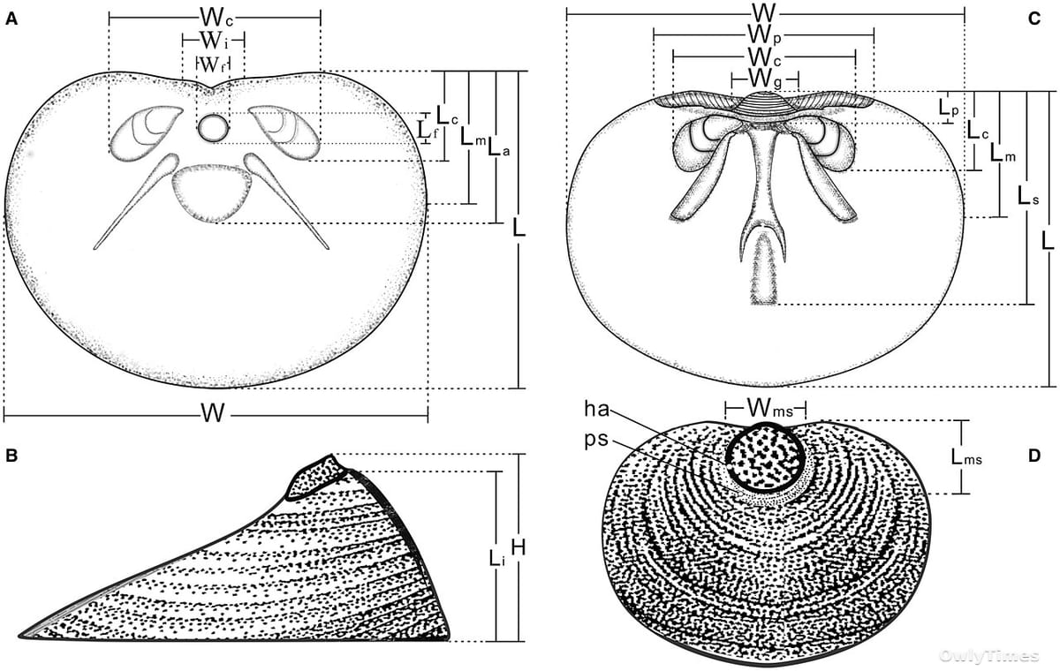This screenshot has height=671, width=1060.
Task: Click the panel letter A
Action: coord(11,19)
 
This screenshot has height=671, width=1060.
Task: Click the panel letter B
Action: coord(11,456)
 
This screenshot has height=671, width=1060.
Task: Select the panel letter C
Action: coord(1034,19)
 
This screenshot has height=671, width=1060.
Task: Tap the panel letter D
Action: coord(1034,456)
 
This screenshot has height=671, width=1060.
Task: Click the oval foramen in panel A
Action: coord(213,128)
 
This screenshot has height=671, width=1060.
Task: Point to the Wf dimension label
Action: coord(213,65)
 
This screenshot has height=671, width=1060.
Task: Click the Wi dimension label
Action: coord(214,41)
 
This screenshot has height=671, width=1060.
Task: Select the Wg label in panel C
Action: coord(765,80)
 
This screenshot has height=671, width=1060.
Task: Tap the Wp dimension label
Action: coord(764,35)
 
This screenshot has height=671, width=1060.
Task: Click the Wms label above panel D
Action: coord(770,408)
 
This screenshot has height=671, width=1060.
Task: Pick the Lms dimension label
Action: coord(966,456)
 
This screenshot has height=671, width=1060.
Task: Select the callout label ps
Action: coord(596,440)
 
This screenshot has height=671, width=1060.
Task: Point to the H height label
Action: coord(519,547)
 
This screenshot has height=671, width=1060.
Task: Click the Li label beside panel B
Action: coord(496,559)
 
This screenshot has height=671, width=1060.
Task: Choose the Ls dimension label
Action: coord(1028,196)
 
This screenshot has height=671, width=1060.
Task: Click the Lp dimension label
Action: coord(949,108)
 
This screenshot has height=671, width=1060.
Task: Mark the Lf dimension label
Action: coord(428,129)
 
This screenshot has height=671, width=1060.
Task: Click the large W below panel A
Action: coord(213,413)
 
